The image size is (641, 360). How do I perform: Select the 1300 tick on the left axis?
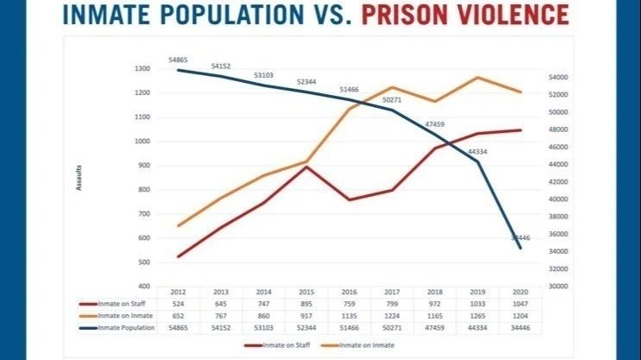coord(142,69)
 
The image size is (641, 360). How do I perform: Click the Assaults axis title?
coord(80,177)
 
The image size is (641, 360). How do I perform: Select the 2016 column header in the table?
coord(349,293)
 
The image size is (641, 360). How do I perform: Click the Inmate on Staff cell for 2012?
coord(179,304)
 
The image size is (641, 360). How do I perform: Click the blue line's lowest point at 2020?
coord(520,248)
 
